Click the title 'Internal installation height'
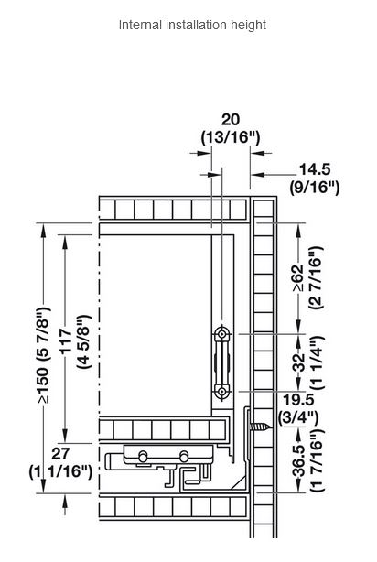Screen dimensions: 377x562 coord(192,25)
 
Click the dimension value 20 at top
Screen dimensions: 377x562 coord(231,120)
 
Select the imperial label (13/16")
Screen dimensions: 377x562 coord(231,137)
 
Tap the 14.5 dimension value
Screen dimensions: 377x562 coord(315,169)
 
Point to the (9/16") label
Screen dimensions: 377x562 coord(315,188)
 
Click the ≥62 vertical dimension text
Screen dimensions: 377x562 coord(298,279)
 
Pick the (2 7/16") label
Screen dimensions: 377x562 coord(316,277)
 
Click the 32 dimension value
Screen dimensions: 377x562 coord(298,362)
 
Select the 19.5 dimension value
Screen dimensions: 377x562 coord(298,399)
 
